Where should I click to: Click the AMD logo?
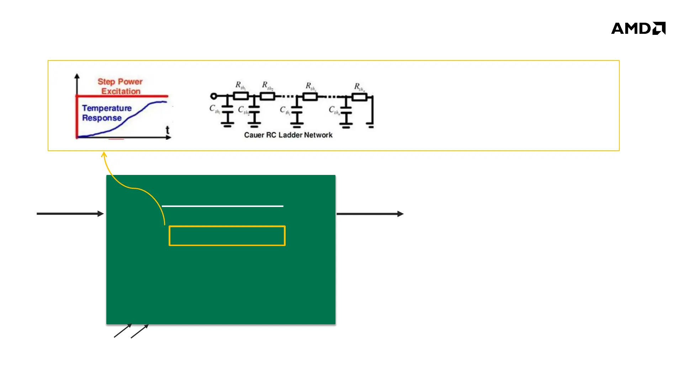638,28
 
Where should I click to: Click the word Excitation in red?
121,91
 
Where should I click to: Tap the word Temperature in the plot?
107,108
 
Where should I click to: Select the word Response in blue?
102,118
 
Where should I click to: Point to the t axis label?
168,130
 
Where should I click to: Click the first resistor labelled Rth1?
241,96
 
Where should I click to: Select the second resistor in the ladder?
268,96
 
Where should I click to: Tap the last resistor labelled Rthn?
359,97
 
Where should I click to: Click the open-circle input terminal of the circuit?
213,96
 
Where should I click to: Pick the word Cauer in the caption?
254,135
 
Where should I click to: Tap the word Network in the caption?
318,135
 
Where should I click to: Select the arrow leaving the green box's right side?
370,214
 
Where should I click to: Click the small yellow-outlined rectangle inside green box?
227,236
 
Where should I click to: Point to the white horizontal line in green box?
222,206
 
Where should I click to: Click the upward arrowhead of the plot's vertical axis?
77,76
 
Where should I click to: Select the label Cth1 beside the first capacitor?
215,109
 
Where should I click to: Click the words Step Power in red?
120,82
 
